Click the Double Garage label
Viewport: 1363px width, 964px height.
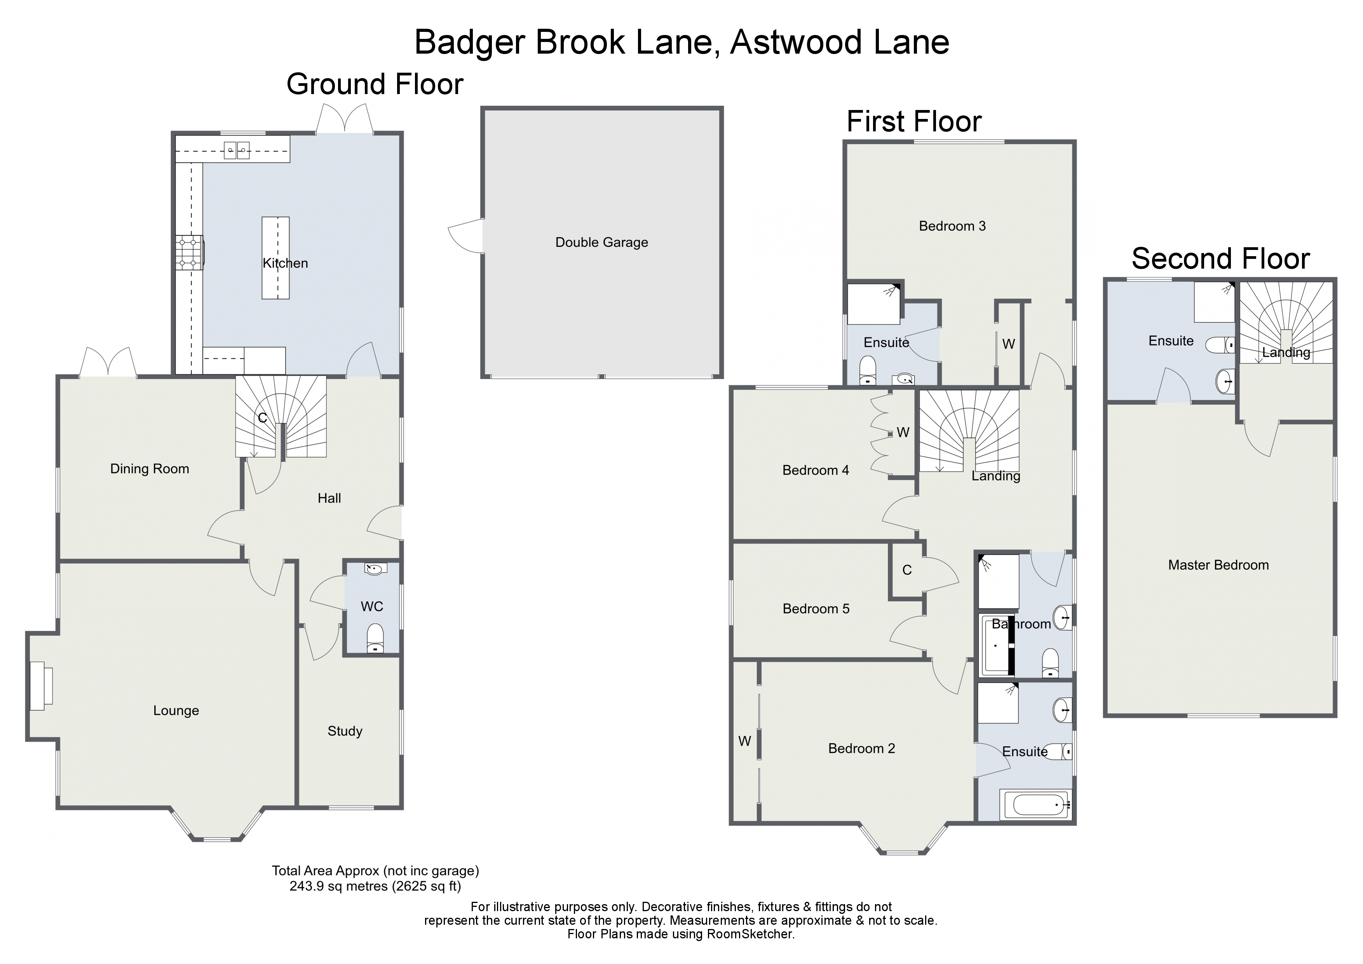(601, 242)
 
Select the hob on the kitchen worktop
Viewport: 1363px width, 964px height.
(189, 252)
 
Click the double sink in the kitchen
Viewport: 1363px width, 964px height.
(236, 151)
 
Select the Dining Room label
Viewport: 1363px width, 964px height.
(150, 469)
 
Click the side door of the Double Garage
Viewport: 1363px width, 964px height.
(466, 236)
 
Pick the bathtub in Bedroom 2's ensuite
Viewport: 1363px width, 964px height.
(1036, 805)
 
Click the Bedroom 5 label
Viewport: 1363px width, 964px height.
(816, 609)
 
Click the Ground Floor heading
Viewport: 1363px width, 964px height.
(375, 84)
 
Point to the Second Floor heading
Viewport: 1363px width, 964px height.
(1220, 259)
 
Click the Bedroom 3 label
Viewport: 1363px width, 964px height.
(952, 226)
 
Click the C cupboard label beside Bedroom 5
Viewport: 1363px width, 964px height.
(906, 570)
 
